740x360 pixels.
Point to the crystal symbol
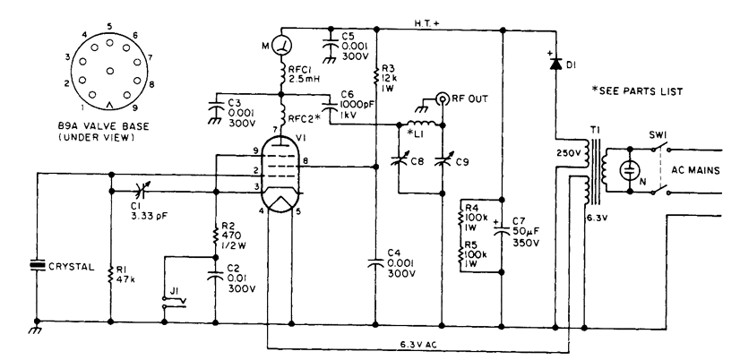36,265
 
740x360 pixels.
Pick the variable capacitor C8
400,160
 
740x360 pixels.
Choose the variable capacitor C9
440,160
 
